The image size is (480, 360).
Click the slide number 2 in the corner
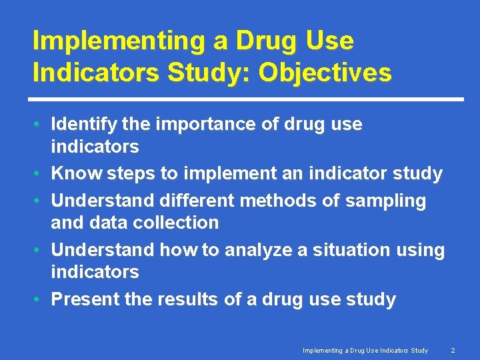(453, 350)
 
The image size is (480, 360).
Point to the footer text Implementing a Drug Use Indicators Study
(365, 350)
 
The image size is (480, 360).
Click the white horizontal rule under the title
(248, 99)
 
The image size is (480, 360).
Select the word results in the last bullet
(187, 300)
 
